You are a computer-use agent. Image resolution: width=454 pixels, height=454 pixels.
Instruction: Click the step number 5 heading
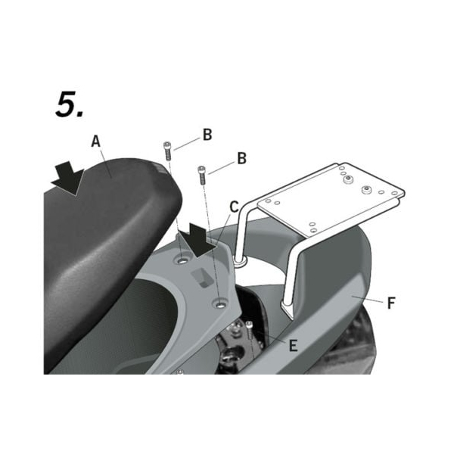(69, 106)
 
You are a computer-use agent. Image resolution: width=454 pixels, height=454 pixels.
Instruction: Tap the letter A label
(95, 141)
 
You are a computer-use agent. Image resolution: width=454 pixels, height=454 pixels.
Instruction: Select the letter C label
(234, 207)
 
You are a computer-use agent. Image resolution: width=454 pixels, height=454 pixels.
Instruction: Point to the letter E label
(292, 346)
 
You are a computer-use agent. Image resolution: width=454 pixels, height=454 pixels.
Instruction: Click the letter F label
(390, 304)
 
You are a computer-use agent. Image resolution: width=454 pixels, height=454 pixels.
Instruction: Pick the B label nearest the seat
(207, 135)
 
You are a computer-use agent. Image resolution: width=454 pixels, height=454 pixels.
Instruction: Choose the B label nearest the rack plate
(241, 159)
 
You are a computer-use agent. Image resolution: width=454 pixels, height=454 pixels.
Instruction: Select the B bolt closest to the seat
(168, 149)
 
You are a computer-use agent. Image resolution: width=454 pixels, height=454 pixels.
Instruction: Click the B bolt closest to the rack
(202, 174)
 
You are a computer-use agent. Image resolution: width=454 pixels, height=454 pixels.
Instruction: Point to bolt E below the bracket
(248, 330)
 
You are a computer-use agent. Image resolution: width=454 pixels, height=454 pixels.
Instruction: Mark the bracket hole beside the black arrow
(182, 260)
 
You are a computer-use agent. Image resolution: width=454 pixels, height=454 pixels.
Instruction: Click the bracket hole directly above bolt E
(219, 304)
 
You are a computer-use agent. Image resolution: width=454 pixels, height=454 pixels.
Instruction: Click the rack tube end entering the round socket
(241, 259)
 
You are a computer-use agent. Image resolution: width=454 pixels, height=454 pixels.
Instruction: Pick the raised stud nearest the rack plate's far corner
(367, 188)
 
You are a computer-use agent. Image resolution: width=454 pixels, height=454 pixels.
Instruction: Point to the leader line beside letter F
(366, 301)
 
